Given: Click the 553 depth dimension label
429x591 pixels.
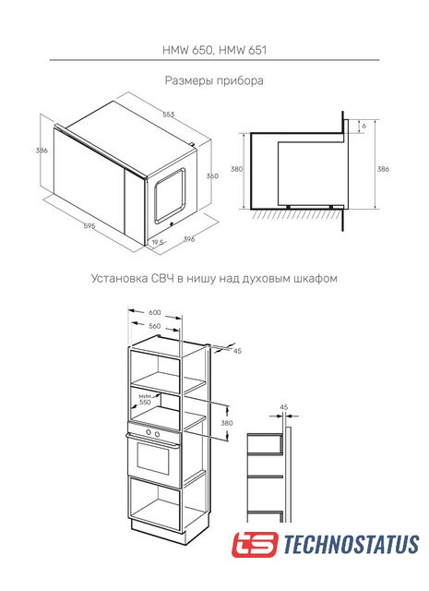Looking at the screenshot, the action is (x=168, y=115).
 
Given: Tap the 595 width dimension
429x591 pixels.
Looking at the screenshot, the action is (x=89, y=226).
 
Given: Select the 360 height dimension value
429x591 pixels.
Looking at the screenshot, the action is (x=212, y=175).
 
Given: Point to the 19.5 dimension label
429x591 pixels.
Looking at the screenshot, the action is (x=158, y=243).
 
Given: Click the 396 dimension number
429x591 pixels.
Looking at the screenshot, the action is (x=189, y=239).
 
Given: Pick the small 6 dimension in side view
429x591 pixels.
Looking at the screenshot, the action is (x=364, y=127).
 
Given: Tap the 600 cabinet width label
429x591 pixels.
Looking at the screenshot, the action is (x=154, y=312).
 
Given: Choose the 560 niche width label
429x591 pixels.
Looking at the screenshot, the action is (x=154, y=326).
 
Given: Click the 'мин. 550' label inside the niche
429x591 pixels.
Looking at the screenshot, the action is (x=145, y=399).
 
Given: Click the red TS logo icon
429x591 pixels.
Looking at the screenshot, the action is (x=255, y=544).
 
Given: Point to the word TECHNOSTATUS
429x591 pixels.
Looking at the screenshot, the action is (x=351, y=544).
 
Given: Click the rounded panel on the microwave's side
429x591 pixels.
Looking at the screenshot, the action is (x=170, y=195).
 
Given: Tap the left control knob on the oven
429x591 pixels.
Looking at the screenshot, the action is (x=149, y=433).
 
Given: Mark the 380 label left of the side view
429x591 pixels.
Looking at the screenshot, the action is (x=236, y=169).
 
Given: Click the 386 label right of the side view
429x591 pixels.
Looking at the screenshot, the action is (x=383, y=169).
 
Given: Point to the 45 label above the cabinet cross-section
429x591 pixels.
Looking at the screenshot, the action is (x=284, y=407).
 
